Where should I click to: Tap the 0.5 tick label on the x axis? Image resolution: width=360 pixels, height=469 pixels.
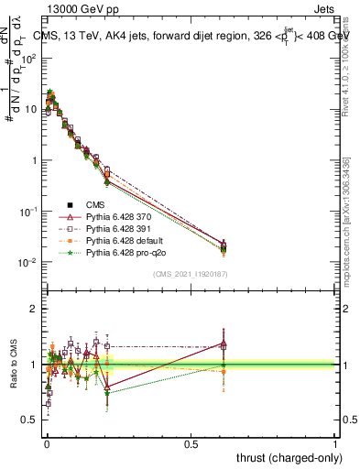[x=191, y=443]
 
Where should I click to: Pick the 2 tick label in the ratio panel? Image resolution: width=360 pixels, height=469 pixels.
[x=34, y=309]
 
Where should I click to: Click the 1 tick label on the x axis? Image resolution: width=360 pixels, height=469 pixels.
[x=335, y=443]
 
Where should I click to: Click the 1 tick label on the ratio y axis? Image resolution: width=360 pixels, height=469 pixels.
[x=34, y=365]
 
